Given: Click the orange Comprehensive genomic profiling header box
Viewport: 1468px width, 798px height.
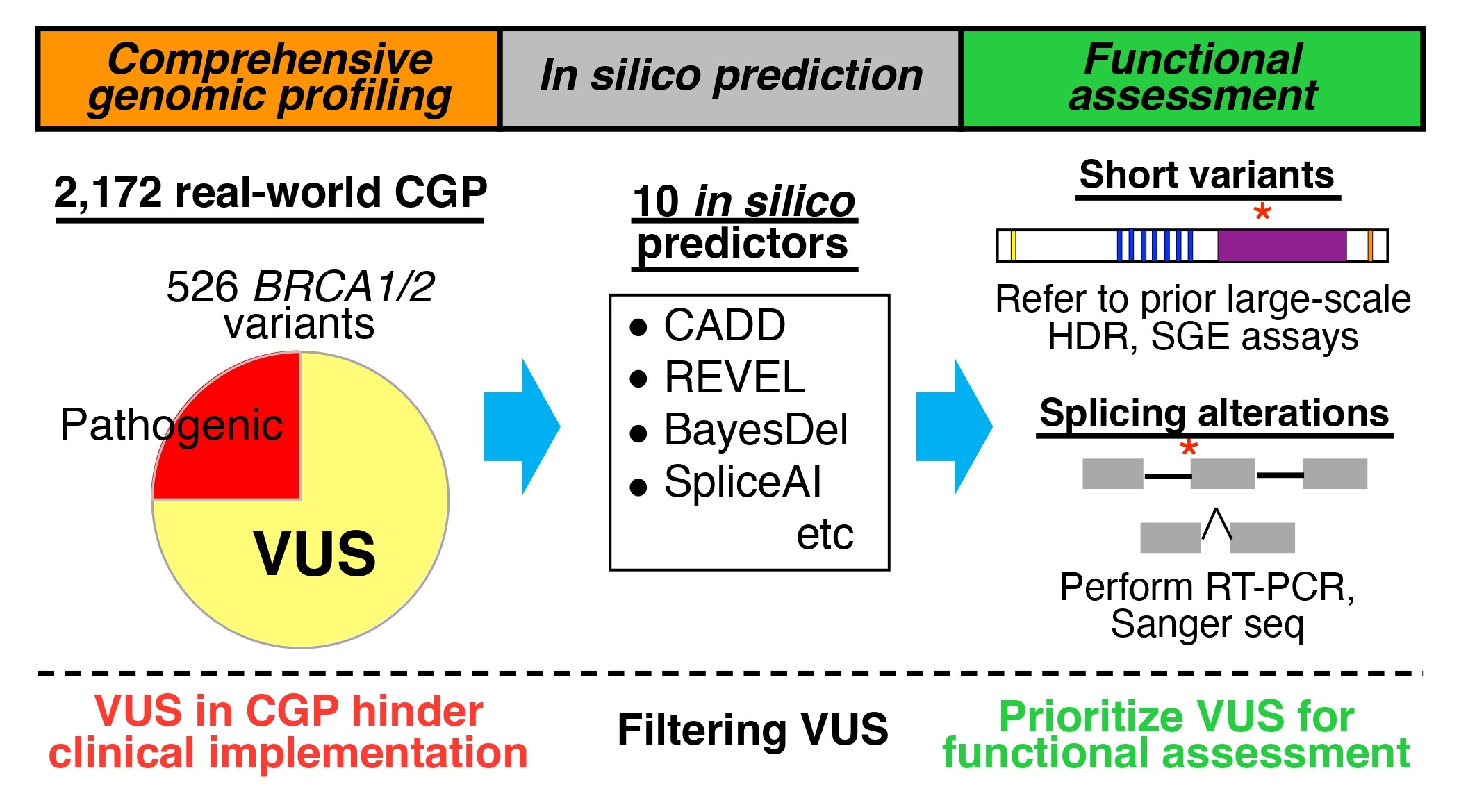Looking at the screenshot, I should (x=269, y=78).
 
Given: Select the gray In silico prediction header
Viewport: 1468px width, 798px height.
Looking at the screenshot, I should (x=730, y=78).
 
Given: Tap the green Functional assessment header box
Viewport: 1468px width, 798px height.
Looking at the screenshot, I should (x=1192, y=78).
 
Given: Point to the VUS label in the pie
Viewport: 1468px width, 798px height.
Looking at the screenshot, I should (x=314, y=554).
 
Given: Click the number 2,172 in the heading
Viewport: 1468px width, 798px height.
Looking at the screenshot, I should (x=108, y=192).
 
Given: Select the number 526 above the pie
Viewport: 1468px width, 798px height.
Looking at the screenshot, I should (x=201, y=286).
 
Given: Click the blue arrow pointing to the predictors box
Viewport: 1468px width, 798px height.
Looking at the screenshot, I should (x=521, y=426).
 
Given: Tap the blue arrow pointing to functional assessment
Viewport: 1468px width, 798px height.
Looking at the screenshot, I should (x=954, y=426).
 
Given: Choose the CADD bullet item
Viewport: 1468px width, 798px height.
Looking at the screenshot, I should (x=724, y=325).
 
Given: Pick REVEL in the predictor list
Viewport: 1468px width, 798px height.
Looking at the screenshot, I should (x=734, y=378).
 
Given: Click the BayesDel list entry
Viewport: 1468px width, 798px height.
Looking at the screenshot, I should (x=755, y=430).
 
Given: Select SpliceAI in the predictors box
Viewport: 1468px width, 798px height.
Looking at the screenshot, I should (x=742, y=482).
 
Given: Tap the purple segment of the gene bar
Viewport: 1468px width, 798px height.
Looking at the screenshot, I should (x=1282, y=246).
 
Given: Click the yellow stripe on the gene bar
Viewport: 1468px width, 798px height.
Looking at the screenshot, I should (x=1013, y=246).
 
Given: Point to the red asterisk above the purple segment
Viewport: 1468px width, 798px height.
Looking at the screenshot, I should (x=1262, y=212).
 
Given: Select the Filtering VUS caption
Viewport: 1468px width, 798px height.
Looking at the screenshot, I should (x=752, y=730).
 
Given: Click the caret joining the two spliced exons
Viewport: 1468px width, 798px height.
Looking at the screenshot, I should (x=1217, y=524).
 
